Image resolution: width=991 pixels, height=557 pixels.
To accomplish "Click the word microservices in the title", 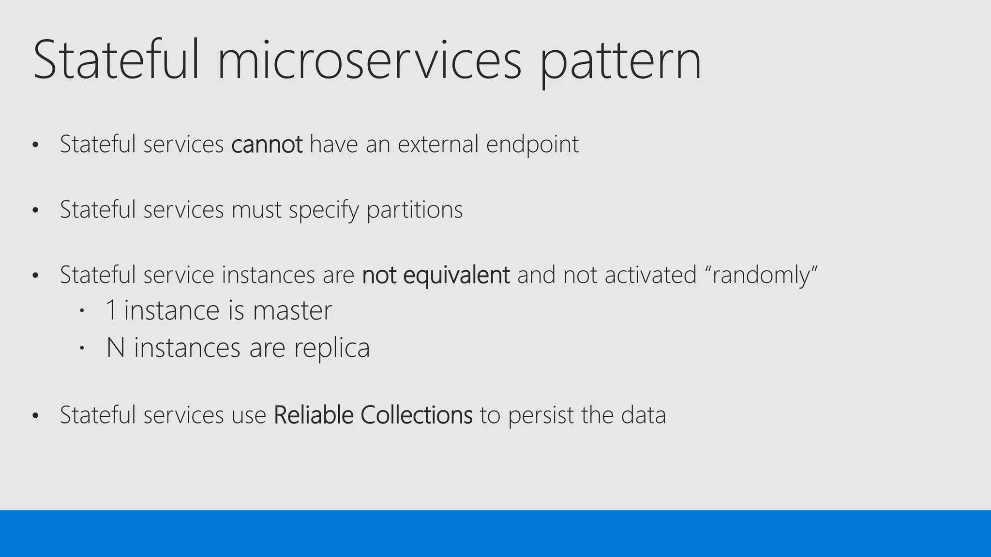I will click(370, 60).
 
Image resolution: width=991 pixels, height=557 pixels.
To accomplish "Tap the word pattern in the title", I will click(620, 63).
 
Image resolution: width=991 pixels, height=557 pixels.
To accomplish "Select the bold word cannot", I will click(267, 144).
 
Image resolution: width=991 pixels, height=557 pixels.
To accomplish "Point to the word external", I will click(438, 144).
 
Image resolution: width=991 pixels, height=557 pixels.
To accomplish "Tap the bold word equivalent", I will click(456, 276).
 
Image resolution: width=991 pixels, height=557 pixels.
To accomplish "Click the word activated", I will click(650, 275).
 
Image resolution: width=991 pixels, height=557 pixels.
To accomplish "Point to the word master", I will click(292, 310).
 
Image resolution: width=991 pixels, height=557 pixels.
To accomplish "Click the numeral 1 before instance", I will click(111, 310).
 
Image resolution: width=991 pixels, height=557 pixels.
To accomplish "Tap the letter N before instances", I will click(116, 348).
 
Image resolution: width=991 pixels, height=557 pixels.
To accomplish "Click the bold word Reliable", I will click(314, 415).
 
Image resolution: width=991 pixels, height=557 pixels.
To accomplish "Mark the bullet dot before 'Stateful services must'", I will click(35, 210).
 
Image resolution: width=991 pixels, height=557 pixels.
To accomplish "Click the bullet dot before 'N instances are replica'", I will click(82, 348).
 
